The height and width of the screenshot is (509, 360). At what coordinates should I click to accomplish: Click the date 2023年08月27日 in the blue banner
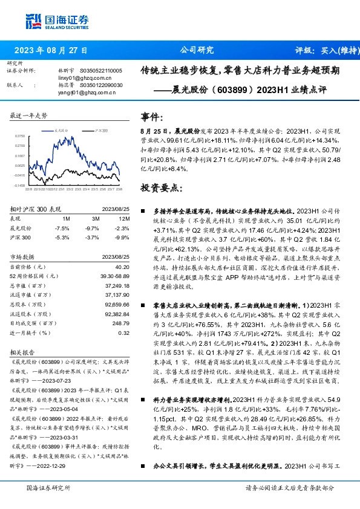(x=50, y=51)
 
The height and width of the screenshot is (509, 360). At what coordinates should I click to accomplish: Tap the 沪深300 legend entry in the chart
(x=100, y=130)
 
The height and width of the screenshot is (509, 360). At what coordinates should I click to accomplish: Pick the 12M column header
(x=123, y=217)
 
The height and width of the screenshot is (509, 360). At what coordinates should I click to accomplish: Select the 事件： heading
(x=152, y=117)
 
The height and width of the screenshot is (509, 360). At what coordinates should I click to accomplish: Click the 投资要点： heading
(x=160, y=187)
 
